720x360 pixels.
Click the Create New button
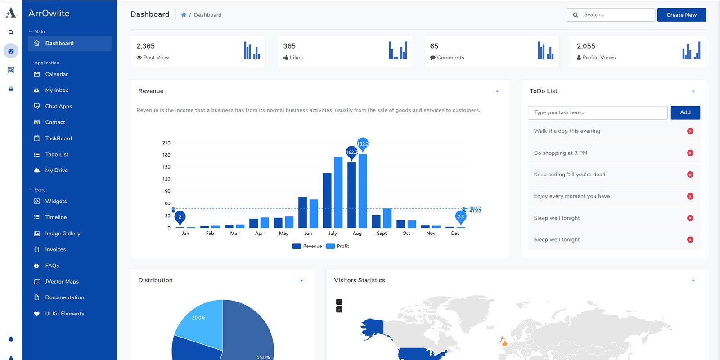681,15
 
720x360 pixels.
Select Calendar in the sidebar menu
56,74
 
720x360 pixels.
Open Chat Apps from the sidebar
58,107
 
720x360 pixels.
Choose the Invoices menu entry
55,249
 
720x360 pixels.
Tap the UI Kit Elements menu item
64,314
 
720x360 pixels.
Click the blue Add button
685,112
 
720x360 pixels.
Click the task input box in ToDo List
597,112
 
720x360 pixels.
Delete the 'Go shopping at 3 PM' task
690,153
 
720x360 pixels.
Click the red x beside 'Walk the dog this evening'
690,131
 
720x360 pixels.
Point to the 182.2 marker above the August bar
363,144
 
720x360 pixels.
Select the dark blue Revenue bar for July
327,200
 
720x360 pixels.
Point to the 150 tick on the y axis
166,167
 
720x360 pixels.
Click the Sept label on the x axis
382,234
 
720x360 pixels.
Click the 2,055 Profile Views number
586,46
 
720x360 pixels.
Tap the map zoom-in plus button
339,302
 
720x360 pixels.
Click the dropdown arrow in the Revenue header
497,91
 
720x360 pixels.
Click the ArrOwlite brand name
49,13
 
